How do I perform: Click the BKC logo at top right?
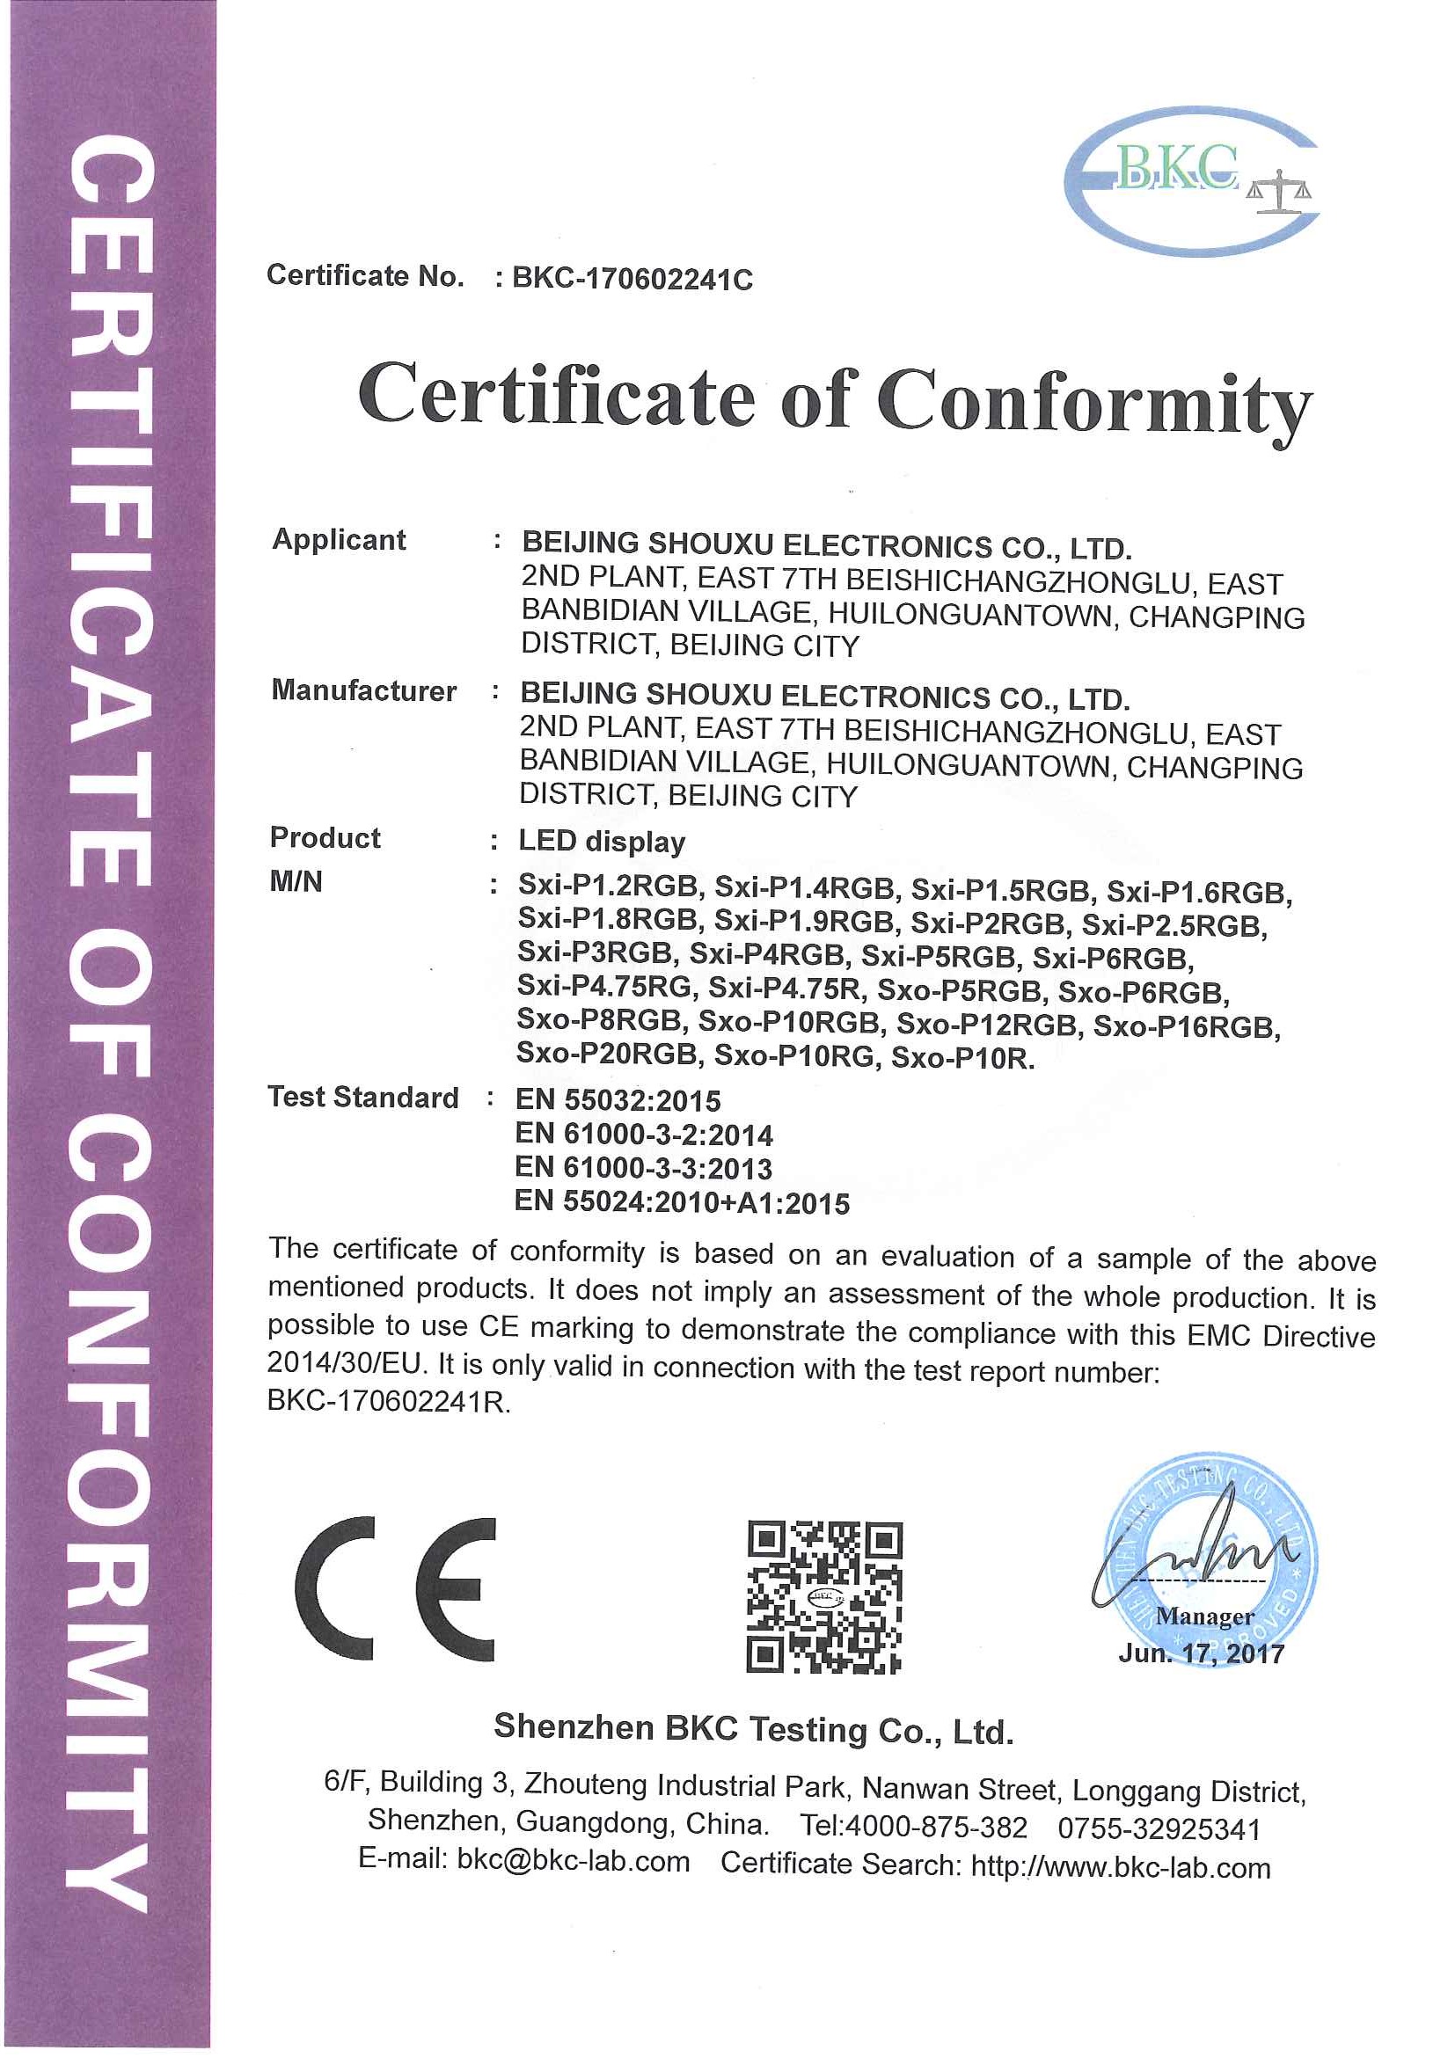point(1190,182)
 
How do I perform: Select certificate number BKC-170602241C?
point(632,280)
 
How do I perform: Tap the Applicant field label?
point(339,540)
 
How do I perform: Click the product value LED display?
point(602,842)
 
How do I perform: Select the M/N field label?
point(296,882)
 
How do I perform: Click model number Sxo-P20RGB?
point(608,1055)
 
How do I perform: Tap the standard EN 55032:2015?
point(618,1101)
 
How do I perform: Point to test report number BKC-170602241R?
point(387,1402)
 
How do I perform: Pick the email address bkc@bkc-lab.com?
point(573,1861)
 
